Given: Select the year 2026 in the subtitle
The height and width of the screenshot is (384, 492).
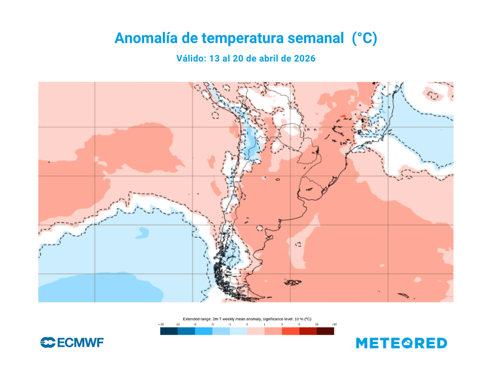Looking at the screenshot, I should (304, 58).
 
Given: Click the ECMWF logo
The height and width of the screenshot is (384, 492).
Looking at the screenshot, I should (72, 343).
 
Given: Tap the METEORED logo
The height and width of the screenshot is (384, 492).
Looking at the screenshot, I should (402, 343).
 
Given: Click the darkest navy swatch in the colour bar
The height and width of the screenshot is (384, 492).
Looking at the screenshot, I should (169, 332).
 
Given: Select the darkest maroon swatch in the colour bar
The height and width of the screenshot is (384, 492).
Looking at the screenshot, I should (325, 332).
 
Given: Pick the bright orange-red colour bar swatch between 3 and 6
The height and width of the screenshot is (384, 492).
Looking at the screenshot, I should (290, 332).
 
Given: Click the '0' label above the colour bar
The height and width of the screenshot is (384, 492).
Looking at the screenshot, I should (247, 325).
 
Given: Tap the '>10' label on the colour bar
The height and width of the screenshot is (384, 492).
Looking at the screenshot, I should (334, 325).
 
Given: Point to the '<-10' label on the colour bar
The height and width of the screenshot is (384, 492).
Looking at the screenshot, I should (161, 325).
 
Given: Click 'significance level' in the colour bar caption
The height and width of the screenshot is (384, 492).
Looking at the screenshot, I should (276, 319).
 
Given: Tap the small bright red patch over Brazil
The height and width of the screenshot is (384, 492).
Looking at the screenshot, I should (343, 115).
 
